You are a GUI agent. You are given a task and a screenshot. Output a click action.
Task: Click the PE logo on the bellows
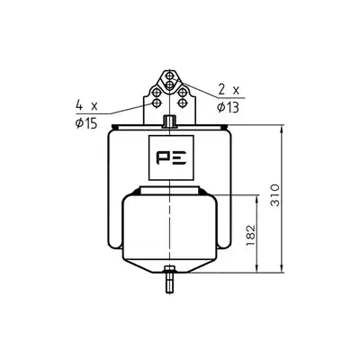click(x=171, y=157)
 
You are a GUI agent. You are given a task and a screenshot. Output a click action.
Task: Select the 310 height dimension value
click(x=275, y=195)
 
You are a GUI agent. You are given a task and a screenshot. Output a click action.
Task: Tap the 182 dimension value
click(x=250, y=235)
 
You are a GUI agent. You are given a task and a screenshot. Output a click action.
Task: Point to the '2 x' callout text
click(x=229, y=89)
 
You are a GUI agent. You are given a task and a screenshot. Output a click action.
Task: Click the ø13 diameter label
click(x=229, y=107)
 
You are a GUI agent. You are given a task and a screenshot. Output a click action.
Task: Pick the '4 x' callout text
click(x=86, y=105)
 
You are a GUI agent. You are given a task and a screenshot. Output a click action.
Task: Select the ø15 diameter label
click(x=86, y=123)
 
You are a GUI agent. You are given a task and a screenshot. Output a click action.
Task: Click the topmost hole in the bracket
click(x=169, y=75)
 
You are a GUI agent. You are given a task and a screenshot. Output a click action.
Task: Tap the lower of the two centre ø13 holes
click(x=169, y=85)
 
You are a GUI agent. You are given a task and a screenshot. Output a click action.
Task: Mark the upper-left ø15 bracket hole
click(x=157, y=93)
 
